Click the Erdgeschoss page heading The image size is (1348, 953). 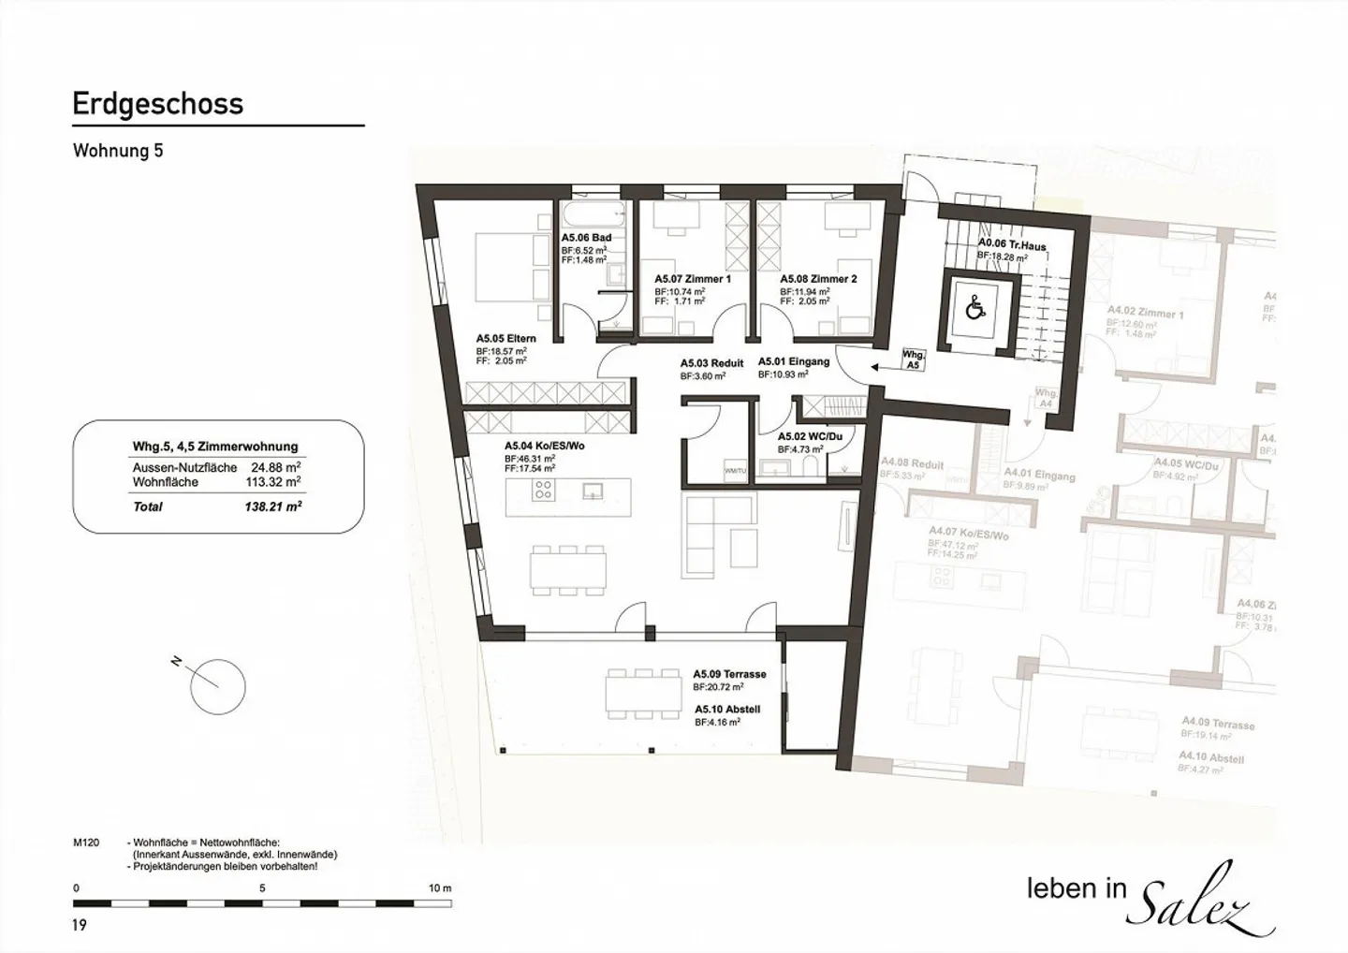coord(157,103)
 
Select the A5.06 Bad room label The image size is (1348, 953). coord(586,239)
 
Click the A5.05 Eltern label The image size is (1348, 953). coord(505,339)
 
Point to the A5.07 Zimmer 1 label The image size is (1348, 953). coord(692,279)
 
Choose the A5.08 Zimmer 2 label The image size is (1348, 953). coord(818,279)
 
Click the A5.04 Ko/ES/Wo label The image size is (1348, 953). coord(544,447)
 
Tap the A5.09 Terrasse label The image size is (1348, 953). coord(729,674)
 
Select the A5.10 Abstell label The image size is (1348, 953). coord(726,710)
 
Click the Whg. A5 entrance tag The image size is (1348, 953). coord(914,360)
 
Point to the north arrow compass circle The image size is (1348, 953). coord(218,687)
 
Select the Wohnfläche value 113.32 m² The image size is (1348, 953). coord(275,483)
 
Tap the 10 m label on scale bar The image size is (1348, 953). coord(440,887)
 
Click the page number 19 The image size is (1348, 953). coord(80,925)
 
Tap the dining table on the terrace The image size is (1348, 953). coord(643,693)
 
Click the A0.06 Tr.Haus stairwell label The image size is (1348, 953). coord(1012,246)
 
